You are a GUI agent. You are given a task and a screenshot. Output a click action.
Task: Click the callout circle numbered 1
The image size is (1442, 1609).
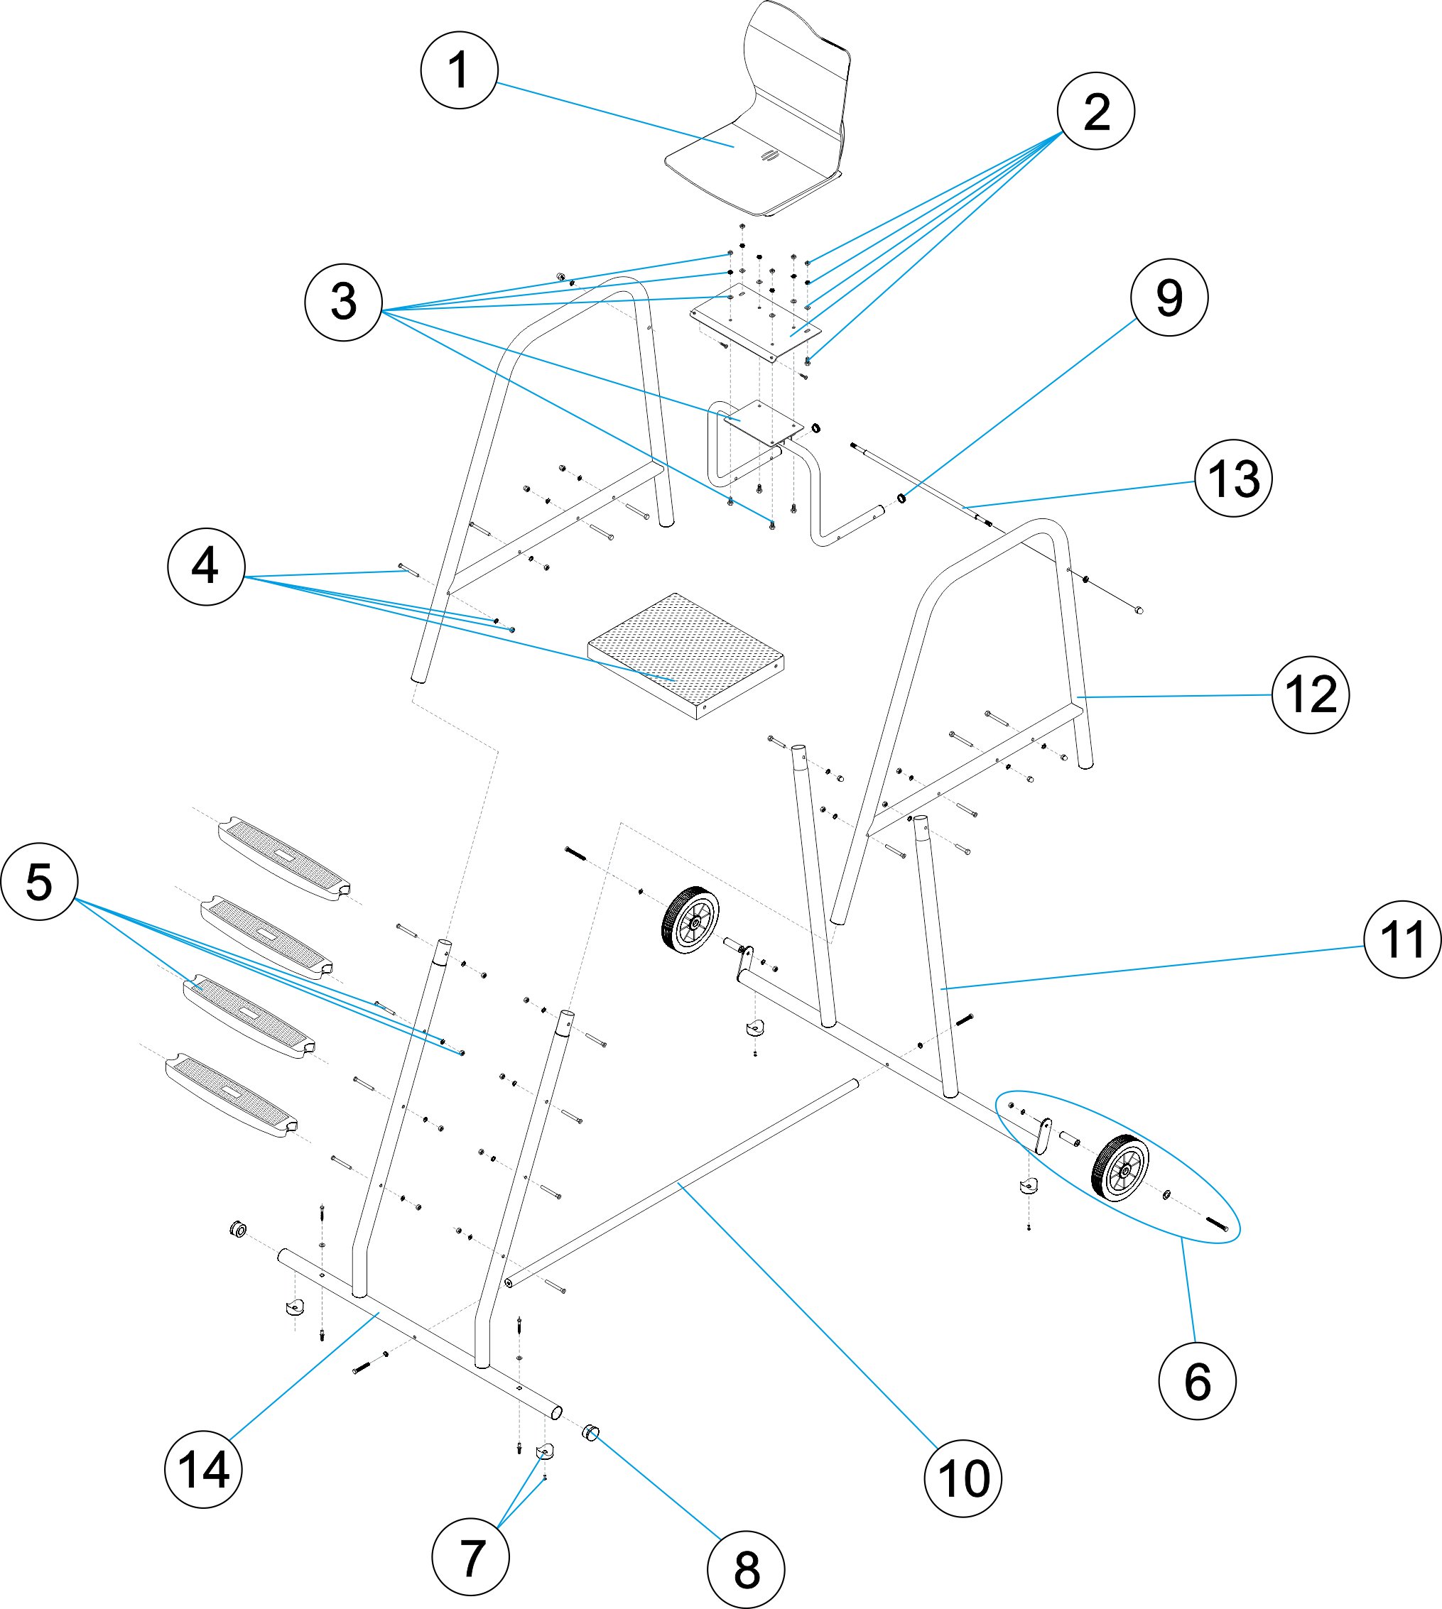point(459,70)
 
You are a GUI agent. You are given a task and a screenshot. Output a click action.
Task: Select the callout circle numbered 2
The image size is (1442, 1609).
point(1096,111)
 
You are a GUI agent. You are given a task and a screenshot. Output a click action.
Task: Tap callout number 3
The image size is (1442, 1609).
point(343,302)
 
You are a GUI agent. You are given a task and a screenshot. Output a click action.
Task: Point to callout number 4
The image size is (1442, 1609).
point(206,567)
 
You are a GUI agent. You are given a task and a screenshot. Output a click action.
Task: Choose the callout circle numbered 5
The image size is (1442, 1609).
point(40,881)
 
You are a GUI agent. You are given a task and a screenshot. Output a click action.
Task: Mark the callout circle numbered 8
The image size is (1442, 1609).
point(746,1569)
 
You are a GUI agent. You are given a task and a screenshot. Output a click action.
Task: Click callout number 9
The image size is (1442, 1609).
point(1169,298)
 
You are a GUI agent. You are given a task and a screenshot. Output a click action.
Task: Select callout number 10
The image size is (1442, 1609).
point(963,1478)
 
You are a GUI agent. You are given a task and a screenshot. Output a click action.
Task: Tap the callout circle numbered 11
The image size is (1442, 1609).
point(1402,940)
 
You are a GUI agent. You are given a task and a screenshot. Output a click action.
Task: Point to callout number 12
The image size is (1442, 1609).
point(1311,695)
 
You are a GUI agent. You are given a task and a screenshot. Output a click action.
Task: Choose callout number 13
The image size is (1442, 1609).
point(1233,479)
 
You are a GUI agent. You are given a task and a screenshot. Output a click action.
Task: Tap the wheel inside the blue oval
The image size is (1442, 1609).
point(1120,1167)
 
